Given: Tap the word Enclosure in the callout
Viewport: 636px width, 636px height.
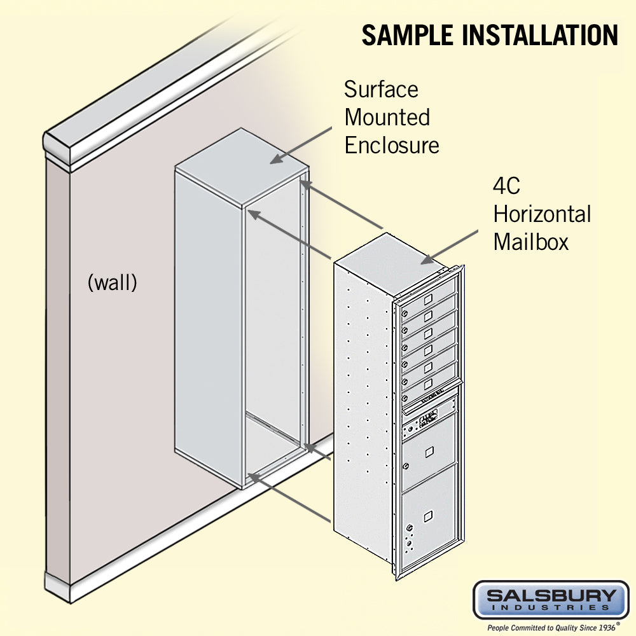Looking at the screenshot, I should click(x=391, y=145).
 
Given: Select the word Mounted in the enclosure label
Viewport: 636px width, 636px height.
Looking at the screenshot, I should click(x=387, y=117).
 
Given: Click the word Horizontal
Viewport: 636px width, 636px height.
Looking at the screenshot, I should click(x=542, y=214).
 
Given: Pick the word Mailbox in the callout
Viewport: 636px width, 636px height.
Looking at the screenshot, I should click(x=530, y=242).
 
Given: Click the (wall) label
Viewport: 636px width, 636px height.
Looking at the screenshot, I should click(x=112, y=282).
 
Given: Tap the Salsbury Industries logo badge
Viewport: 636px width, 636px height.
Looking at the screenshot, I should click(x=551, y=600).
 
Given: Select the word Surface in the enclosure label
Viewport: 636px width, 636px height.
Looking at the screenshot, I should click(x=381, y=89).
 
